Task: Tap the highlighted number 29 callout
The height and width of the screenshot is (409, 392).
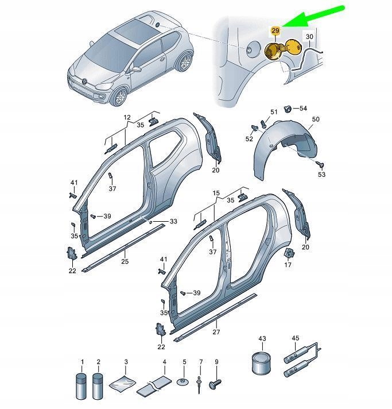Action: click(x=275, y=30)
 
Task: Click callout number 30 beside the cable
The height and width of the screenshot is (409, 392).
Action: click(x=309, y=37)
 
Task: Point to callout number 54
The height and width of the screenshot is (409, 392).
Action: click(x=303, y=108)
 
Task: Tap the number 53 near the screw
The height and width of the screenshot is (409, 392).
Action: click(x=321, y=174)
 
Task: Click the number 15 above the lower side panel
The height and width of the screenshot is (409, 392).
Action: click(x=215, y=194)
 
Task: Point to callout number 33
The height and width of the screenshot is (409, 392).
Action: click(x=173, y=221)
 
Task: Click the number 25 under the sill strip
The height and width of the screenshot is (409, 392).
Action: click(x=124, y=261)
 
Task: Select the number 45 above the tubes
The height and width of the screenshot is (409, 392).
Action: click(x=296, y=338)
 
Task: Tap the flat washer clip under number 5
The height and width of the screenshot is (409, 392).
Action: click(x=184, y=382)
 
